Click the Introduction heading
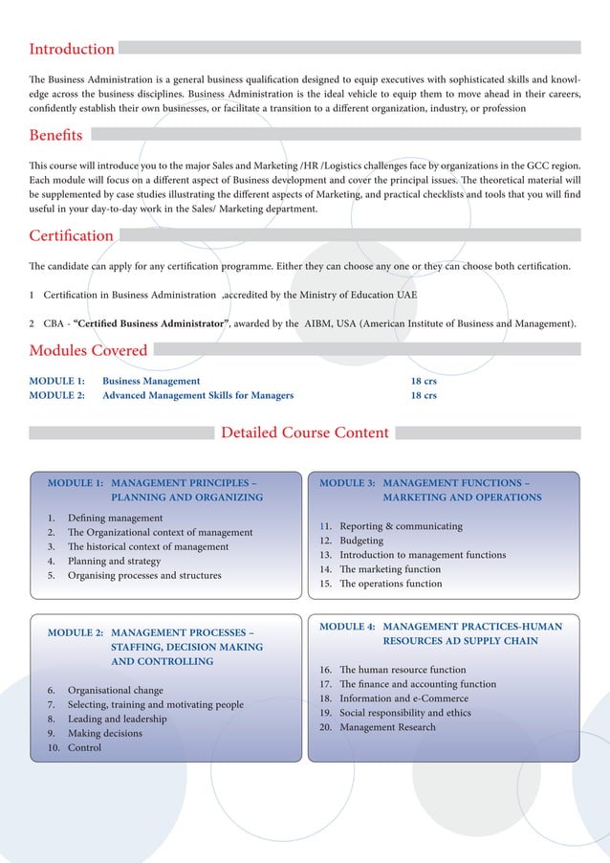[x=72, y=49]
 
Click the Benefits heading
[x=55, y=135]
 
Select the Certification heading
[x=71, y=235]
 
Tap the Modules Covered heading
[x=88, y=350]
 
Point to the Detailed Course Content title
[x=305, y=432]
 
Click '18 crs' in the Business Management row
[x=424, y=381]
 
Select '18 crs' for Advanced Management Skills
[x=424, y=395]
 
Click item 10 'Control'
[x=84, y=748]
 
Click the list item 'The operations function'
[x=391, y=584]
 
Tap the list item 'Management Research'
[x=387, y=727]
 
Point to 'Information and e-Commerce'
[x=403, y=698]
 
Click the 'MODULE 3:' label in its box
[x=347, y=483]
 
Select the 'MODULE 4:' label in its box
[x=347, y=627]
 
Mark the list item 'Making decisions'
[x=105, y=733]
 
